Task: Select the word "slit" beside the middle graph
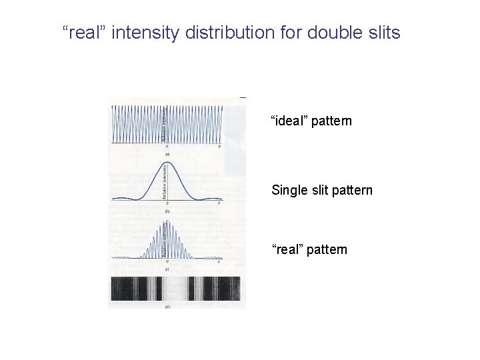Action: point(319,191)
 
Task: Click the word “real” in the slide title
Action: point(84,32)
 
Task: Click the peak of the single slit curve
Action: point(167,162)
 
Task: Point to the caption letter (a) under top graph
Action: point(167,152)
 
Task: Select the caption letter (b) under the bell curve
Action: point(167,210)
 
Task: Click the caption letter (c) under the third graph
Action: point(167,269)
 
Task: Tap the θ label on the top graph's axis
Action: point(221,146)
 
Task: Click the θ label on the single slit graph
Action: point(221,203)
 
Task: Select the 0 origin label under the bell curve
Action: point(167,203)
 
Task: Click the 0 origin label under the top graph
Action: point(167,146)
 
